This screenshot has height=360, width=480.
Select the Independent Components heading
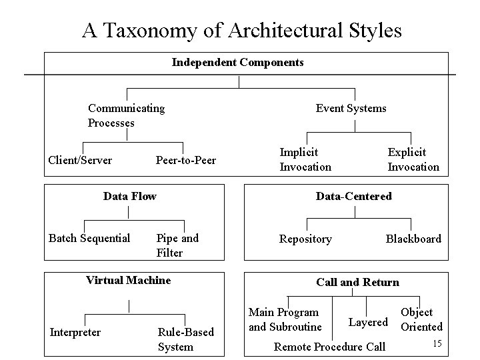237,63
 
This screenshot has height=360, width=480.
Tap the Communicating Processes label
126,115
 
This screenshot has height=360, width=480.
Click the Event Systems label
351,108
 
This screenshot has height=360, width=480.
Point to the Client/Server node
80,160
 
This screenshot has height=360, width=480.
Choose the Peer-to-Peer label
185,160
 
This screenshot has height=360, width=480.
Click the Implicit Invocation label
305,159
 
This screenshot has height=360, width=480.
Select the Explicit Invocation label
413,159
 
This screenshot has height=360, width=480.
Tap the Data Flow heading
129,196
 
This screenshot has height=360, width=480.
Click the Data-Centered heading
353,196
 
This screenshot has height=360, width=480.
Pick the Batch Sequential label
89,238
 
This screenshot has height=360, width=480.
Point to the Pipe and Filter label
177,245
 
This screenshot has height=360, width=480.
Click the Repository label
305,239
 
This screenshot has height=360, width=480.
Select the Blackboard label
413,239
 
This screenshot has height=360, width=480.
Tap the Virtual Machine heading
128,280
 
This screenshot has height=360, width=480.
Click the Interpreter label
75,332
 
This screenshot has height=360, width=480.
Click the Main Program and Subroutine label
285,319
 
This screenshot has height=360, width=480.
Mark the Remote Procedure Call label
330,347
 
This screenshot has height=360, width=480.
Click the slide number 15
437,343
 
